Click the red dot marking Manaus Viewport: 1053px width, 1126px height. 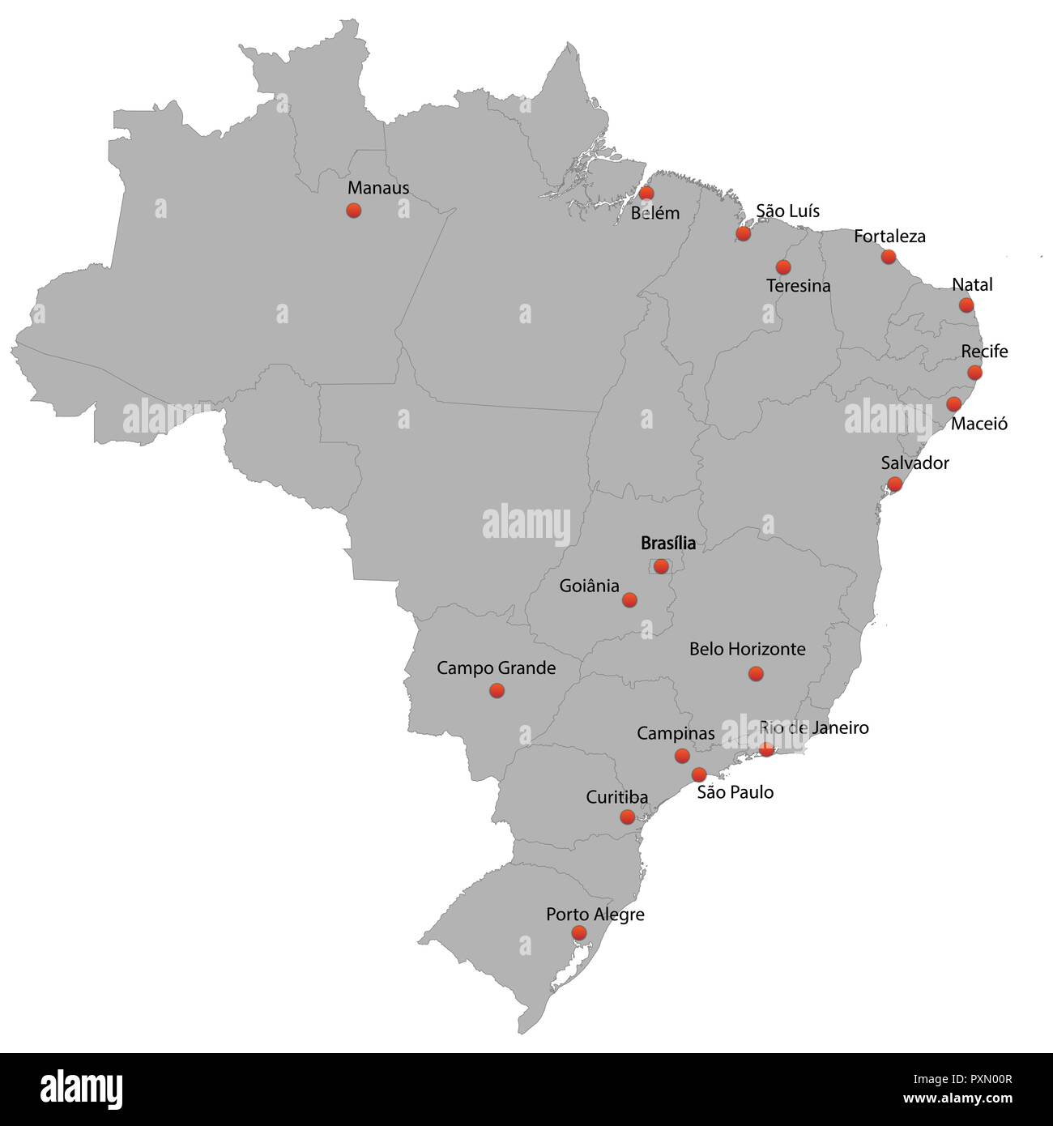pyautogui.click(x=353, y=211)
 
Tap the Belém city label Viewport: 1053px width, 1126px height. pyautogui.click(x=655, y=213)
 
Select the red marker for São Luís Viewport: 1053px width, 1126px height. pyautogui.click(x=743, y=234)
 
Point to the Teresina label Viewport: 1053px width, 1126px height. pyautogui.click(x=798, y=286)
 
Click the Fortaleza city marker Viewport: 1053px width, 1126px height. pyautogui.click(x=889, y=257)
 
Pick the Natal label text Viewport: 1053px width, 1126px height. pyautogui.click(x=972, y=284)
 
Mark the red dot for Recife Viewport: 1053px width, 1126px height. pyautogui.click(x=974, y=373)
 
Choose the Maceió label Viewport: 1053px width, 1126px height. pyautogui.click(x=979, y=424)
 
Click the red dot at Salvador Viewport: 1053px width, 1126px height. pyautogui.click(x=895, y=484)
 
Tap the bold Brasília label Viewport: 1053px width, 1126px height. pyautogui.click(x=668, y=543)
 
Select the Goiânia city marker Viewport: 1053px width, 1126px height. pyautogui.click(x=629, y=600)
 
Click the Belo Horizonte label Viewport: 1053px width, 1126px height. pyautogui.click(x=747, y=649)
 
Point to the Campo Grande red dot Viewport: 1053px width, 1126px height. pyautogui.click(x=497, y=691)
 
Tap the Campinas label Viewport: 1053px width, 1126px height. pyautogui.click(x=676, y=733)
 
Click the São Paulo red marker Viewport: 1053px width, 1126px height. pyautogui.click(x=699, y=774)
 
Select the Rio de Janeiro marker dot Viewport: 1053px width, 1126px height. pyautogui.click(x=766, y=750)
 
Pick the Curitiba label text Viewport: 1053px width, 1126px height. pyautogui.click(x=617, y=797)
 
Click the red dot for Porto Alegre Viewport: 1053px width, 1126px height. pyautogui.click(x=579, y=933)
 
